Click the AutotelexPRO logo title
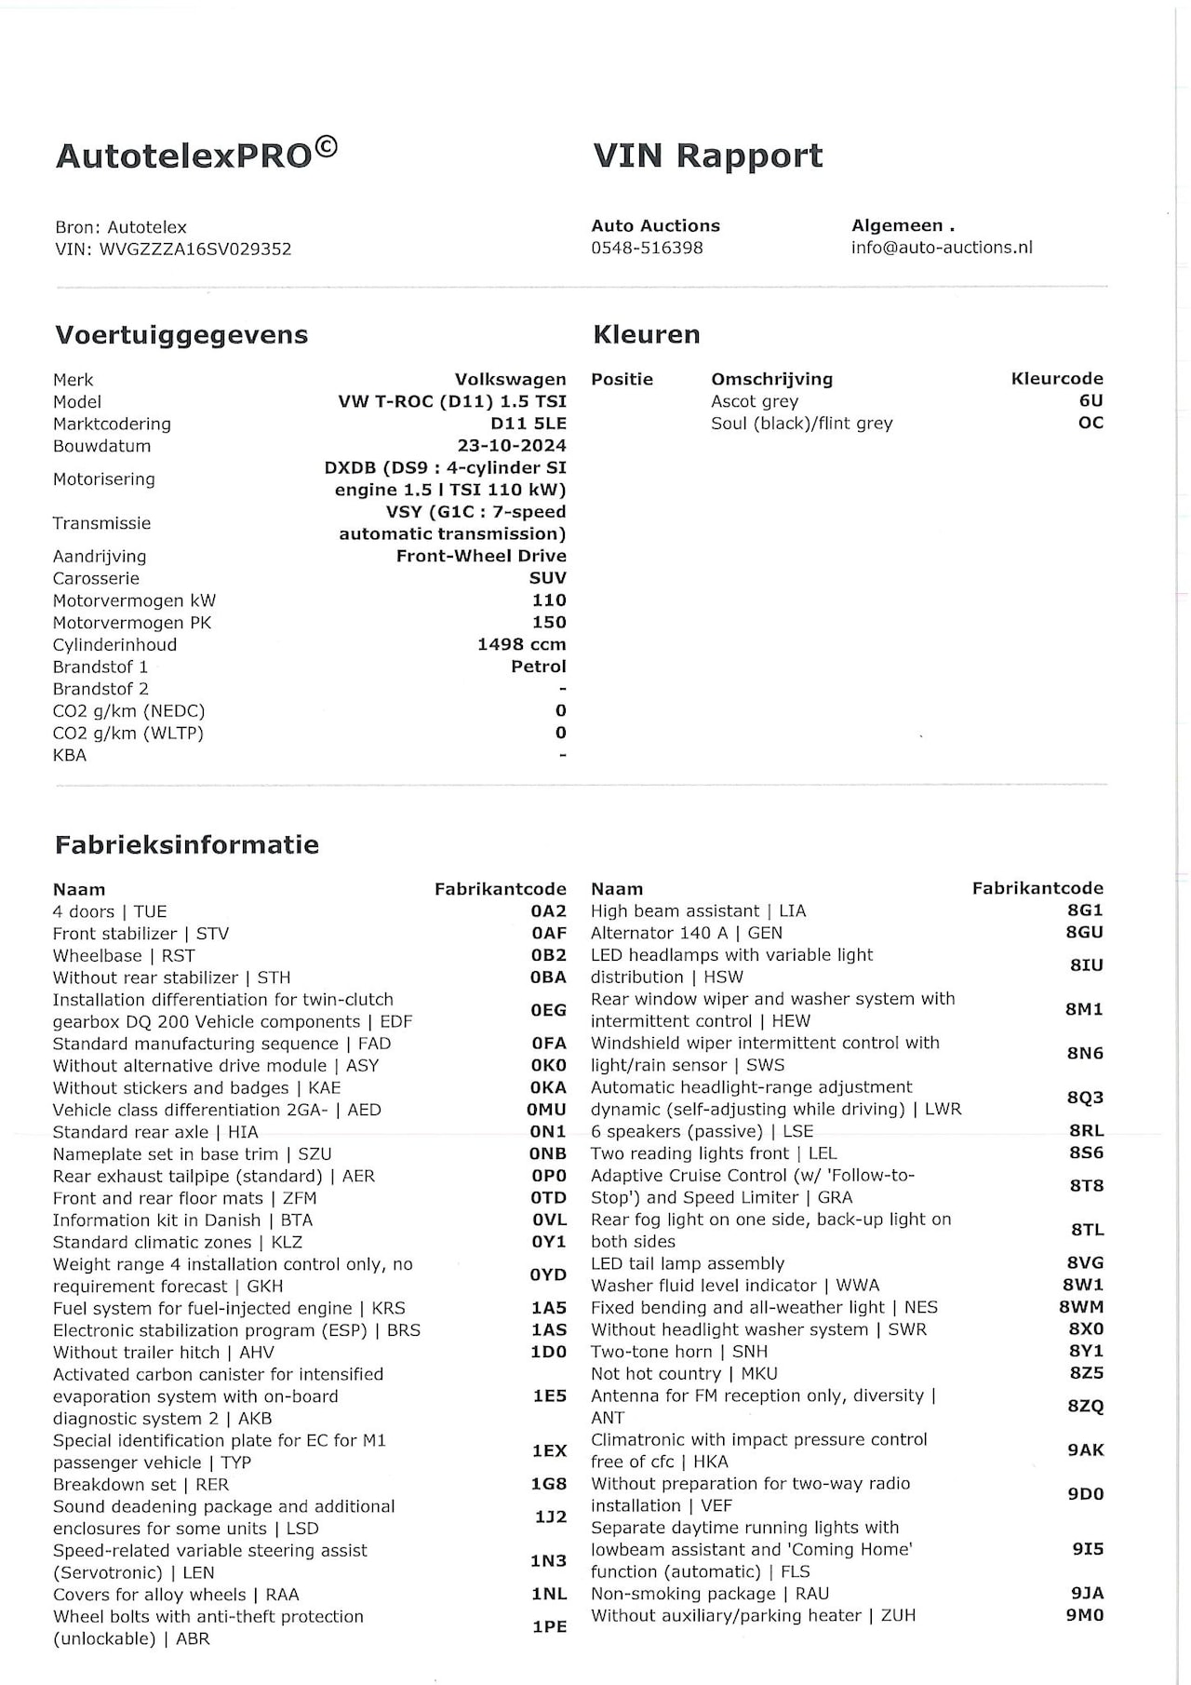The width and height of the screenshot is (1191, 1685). tap(196, 154)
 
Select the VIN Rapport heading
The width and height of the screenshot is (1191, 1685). tap(707, 155)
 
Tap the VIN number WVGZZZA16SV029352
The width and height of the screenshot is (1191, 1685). tap(196, 249)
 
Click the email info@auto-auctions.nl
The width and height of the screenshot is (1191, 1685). tap(942, 248)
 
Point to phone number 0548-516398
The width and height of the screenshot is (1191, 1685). tap(647, 248)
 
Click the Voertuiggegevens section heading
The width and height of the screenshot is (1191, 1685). tap(181, 335)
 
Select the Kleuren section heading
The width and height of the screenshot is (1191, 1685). tap(646, 335)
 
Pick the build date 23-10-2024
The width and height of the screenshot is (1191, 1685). tap(512, 446)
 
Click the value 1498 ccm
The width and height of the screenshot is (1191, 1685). tap(521, 644)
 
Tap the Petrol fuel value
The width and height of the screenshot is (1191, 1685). tap(538, 667)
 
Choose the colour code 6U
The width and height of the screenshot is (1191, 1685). tap(1091, 401)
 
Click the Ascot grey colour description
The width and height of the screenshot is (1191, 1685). tap(755, 401)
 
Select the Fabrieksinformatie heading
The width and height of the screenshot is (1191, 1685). tap(187, 845)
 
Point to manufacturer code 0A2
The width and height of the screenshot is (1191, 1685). tap(548, 911)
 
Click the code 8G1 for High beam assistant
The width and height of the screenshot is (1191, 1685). tap(1085, 910)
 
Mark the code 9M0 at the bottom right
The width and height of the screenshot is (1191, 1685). tap(1085, 1615)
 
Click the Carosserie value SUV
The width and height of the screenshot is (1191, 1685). tap(547, 578)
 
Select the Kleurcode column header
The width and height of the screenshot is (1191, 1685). tap(1057, 379)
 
